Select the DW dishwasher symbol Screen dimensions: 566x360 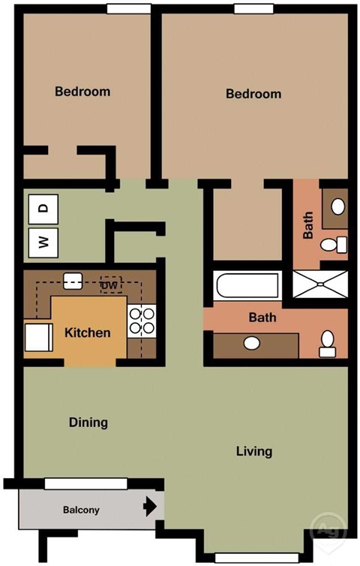point(110,285)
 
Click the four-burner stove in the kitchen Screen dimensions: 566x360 point(142,321)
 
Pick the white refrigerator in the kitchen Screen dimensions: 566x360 point(37,336)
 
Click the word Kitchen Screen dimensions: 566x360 point(88,333)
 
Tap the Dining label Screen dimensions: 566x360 point(88,422)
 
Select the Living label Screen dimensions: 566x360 point(253,451)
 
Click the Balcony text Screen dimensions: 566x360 point(81,510)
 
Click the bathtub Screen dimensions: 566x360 point(246,286)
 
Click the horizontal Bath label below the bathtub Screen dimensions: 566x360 point(262,318)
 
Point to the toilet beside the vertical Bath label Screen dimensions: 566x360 point(334,242)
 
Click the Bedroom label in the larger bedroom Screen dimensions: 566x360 point(253,94)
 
